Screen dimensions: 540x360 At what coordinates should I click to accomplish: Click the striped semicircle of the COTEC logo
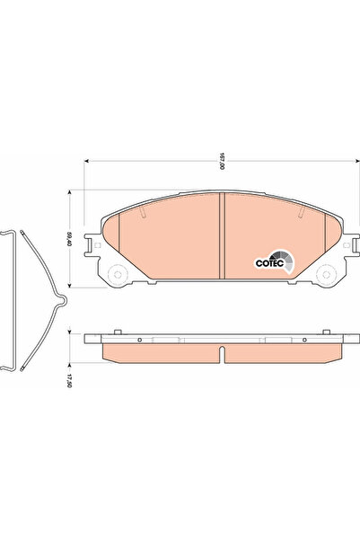pyautogui.click(x=283, y=262)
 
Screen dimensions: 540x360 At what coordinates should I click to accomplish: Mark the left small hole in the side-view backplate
pyautogui.click(x=141, y=338)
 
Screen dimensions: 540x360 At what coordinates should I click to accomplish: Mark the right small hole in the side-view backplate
pyautogui.click(x=300, y=338)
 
